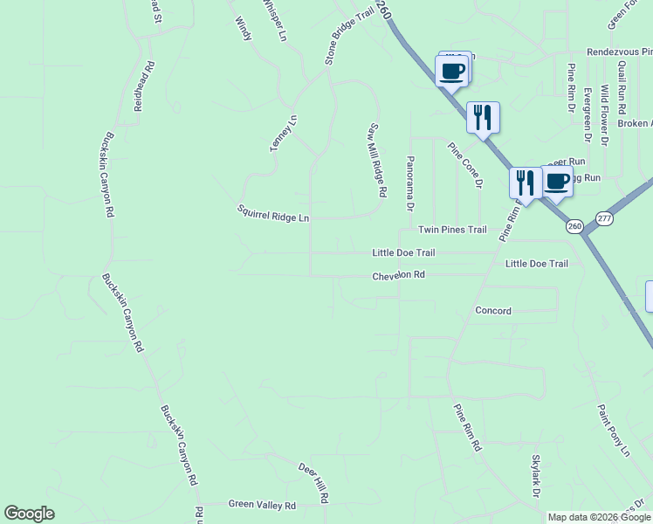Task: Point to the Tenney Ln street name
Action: tap(283, 134)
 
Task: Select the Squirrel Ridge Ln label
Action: tap(273, 213)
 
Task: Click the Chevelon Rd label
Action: tap(398, 275)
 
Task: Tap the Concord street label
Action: tap(493, 310)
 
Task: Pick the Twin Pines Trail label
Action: tap(451, 230)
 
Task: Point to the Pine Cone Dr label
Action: tap(465, 166)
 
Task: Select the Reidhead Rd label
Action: tap(144, 85)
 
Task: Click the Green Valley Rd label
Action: tap(262, 505)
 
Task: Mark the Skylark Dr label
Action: tap(536, 477)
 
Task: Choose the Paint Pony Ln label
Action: tap(613, 430)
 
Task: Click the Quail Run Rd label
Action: tap(622, 89)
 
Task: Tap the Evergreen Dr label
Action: tap(588, 114)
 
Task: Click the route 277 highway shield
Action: tap(604, 218)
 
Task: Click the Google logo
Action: tap(29, 514)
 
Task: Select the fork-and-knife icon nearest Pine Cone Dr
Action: tap(483, 117)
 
